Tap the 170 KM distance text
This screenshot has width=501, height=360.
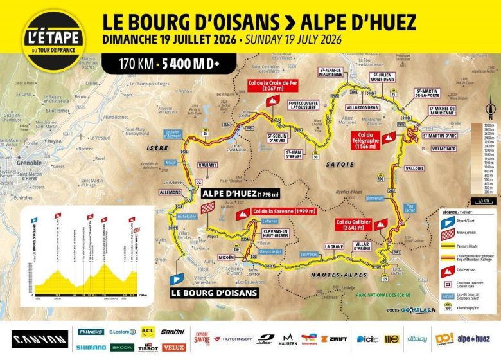[133, 64]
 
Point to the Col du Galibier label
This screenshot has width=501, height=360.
[352, 224]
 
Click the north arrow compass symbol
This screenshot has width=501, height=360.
[490, 107]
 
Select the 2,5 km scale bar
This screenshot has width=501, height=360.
[484, 204]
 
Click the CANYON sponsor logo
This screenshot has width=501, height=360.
[39, 338]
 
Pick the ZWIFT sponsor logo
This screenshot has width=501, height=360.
[334, 337]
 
